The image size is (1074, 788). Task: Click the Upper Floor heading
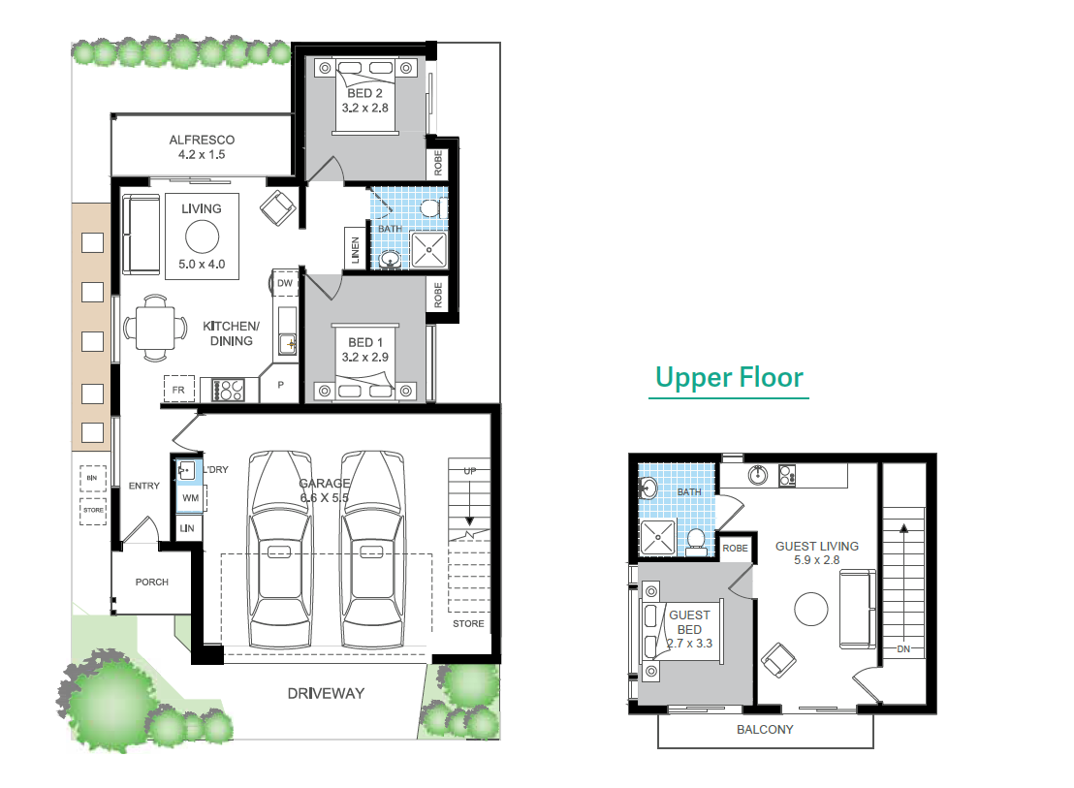pyautogui.click(x=729, y=377)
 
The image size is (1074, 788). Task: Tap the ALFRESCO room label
pyautogui.click(x=202, y=140)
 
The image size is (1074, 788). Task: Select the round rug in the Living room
pyautogui.click(x=202, y=237)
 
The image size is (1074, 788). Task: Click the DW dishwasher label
pyautogui.click(x=284, y=283)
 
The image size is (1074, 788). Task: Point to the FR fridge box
pyautogui.click(x=178, y=390)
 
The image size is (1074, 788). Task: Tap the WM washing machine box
pyautogui.click(x=190, y=498)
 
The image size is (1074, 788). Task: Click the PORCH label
pyautogui.click(x=151, y=583)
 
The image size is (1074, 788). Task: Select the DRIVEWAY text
pyautogui.click(x=326, y=693)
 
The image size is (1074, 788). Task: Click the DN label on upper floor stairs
pyautogui.click(x=903, y=648)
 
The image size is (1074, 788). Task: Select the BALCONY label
pyautogui.click(x=765, y=730)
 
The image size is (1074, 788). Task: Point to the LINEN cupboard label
pyautogui.click(x=356, y=251)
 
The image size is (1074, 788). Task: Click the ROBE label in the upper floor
pyautogui.click(x=736, y=549)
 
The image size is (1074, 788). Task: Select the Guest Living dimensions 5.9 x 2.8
pyautogui.click(x=816, y=560)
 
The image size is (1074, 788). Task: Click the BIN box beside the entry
pyautogui.click(x=92, y=479)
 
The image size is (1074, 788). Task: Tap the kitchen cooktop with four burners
pyautogui.click(x=229, y=390)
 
